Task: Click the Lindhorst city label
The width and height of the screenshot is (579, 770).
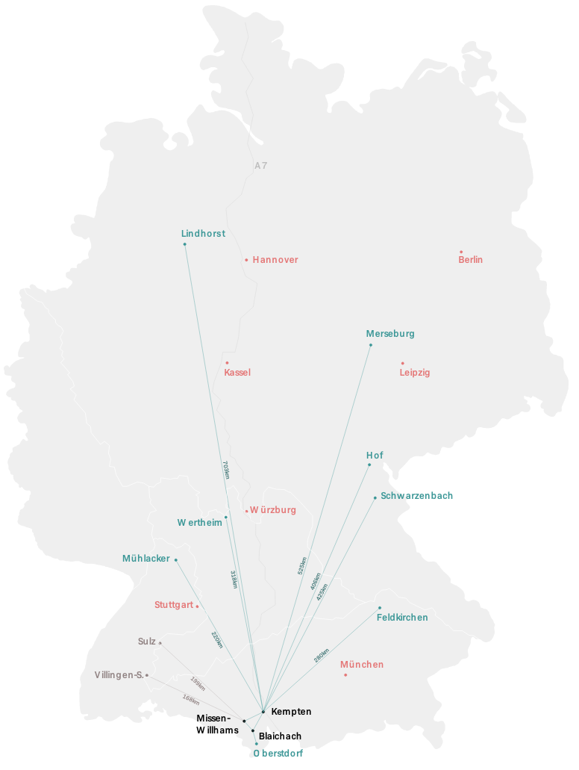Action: tap(203, 234)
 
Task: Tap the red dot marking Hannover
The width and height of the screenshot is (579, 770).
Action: tap(246, 260)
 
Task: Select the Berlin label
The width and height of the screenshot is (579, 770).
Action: tap(470, 260)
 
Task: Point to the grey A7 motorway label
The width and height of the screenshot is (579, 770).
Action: tap(260, 166)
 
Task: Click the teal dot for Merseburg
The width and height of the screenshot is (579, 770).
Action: tap(371, 345)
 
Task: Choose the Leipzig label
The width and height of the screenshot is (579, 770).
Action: tap(414, 373)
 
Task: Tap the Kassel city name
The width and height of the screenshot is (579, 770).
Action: tap(237, 373)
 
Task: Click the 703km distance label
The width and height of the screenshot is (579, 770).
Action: tap(225, 470)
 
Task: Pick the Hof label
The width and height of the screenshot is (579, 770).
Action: tap(375, 456)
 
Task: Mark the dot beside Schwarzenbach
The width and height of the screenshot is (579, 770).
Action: tap(375, 497)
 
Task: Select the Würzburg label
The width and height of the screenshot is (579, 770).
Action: tap(273, 510)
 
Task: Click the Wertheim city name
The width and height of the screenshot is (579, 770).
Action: tap(199, 523)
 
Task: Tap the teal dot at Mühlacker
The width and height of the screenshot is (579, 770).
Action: tap(176, 560)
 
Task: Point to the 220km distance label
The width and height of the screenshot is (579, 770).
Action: tap(216, 640)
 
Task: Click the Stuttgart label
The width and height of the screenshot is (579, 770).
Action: tap(174, 605)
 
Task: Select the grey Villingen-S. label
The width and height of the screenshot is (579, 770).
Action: tap(119, 675)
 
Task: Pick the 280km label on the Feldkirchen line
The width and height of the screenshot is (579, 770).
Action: tap(321, 656)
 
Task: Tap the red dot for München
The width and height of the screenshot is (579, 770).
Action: tap(345, 675)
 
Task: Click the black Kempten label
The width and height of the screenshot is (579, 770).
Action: tap(291, 712)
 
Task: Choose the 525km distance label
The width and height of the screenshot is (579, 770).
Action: tap(302, 565)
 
